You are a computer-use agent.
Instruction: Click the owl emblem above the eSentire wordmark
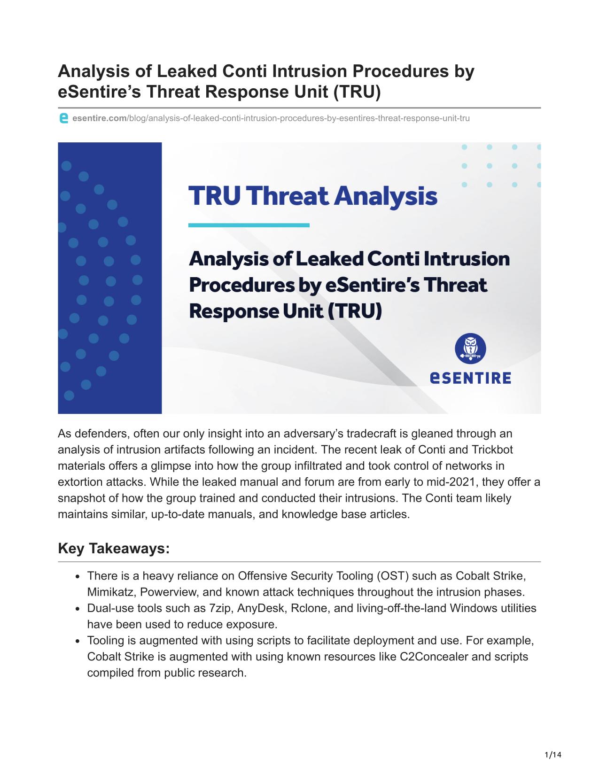(470, 349)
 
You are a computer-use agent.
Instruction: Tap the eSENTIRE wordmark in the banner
(471, 378)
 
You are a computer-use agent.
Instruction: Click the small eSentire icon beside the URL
(63, 118)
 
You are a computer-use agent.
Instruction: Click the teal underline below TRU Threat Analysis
(249, 225)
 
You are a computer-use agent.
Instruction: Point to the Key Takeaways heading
(114, 549)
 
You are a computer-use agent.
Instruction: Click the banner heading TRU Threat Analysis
(312, 196)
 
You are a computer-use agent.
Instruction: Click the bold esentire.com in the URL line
(100, 118)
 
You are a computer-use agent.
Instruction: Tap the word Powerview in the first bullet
(168, 592)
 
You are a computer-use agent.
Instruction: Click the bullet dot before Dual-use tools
(78, 609)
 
